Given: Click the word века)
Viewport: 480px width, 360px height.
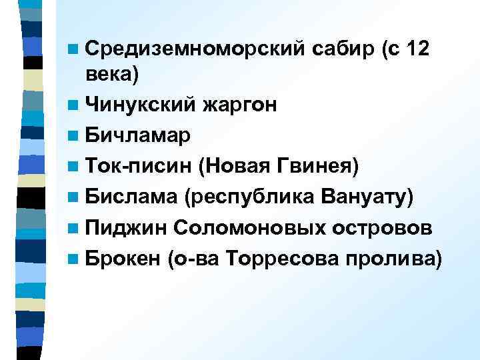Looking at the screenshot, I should [x=113, y=75].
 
